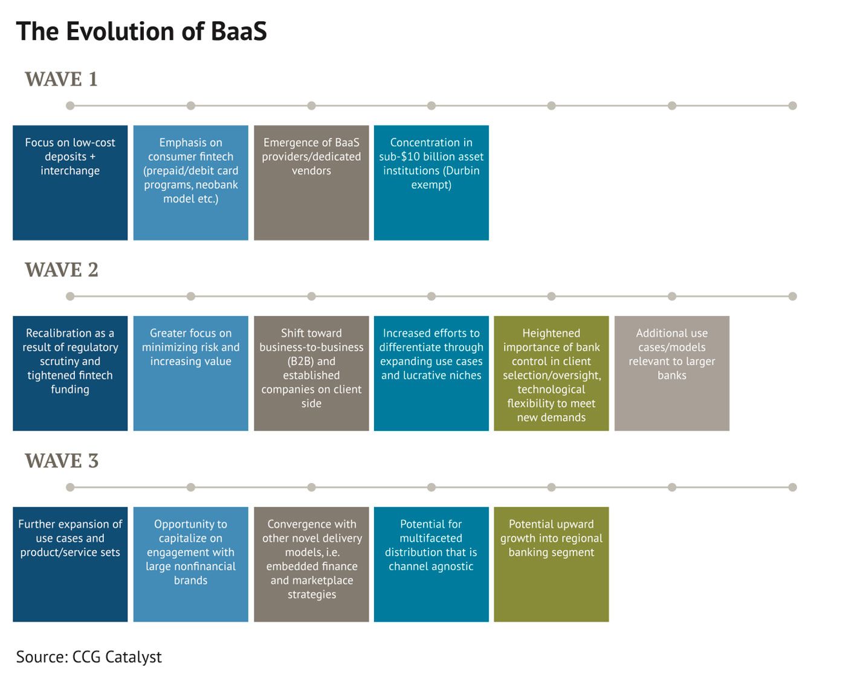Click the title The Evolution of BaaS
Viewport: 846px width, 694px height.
click(141, 31)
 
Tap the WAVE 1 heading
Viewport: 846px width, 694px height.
click(62, 79)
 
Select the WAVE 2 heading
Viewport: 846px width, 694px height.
click(62, 270)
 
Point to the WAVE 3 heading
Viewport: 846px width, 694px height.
click(62, 461)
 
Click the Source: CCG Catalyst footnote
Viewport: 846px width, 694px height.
click(89, 657)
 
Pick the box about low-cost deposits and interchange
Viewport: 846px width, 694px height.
click(70, 183)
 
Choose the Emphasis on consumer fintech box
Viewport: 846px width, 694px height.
click(190, 183)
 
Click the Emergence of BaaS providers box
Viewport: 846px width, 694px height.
click(311, 183)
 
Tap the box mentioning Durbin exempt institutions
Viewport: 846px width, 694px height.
click(431, 183)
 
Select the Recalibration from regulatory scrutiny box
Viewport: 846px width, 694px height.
click(70, 373)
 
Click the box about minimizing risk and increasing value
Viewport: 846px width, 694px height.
click(190, 373)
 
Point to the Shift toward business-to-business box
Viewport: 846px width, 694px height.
click(311, 373)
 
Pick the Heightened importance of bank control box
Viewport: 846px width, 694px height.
click(551, 373)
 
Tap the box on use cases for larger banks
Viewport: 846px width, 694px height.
click(672, 373)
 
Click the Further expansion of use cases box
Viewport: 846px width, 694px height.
click(70, 565)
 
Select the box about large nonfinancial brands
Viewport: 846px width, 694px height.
click(190, 565)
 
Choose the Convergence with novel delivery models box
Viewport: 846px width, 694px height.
click(311, 565)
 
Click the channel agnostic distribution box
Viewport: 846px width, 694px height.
click(431, 565)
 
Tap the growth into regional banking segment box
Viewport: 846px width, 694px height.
click(551, 565)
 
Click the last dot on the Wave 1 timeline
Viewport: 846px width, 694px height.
click(792, 106)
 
